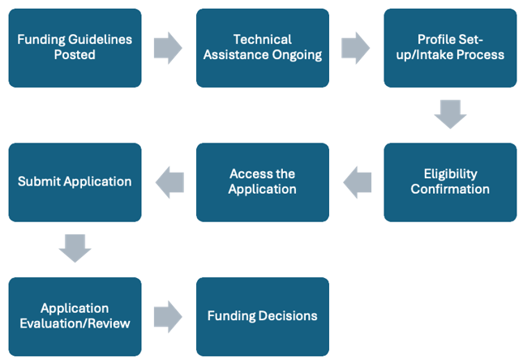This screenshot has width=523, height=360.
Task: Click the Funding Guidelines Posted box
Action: pyautogui.click(x=75, y=48)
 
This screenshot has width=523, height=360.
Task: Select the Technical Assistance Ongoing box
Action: pyautogui.click(x=262, y=48)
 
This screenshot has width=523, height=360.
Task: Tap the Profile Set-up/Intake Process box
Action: pyautogui.click(x=450, y=48)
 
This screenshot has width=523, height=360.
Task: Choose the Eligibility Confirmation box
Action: pyautogui.click(x=450, y=182)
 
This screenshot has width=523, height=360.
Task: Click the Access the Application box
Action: pyautogui.click(x=262, y=182)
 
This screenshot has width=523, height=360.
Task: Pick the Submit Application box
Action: pyautogui.click(x=75, y=182)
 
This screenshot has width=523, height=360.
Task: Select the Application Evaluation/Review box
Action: pyautogui.click(x=75, y=316)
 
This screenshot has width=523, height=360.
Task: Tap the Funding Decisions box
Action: pyautogui.click(x=262, y=316)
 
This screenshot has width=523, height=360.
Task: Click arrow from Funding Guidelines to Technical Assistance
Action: pyautogui.click(x=169, y=48)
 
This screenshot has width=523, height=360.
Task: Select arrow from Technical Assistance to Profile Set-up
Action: pyautogui.click(x=356, y=48)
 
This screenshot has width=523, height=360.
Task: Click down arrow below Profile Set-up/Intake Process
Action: pyautogui.click(x=450, y=114)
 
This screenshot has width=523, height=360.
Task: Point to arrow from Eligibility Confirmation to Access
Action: pyautogui.click(x=357, y=182)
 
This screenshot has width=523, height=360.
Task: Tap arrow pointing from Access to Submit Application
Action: pyautogui.click(x=169, y=182)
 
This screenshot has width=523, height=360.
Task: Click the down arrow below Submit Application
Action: pyautogui.click(x=75, y=248)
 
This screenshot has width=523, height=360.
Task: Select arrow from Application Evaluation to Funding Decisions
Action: pyautogui.click(x=169, y=316)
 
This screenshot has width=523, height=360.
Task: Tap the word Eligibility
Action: pyautogui.click(x=450, y=174)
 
